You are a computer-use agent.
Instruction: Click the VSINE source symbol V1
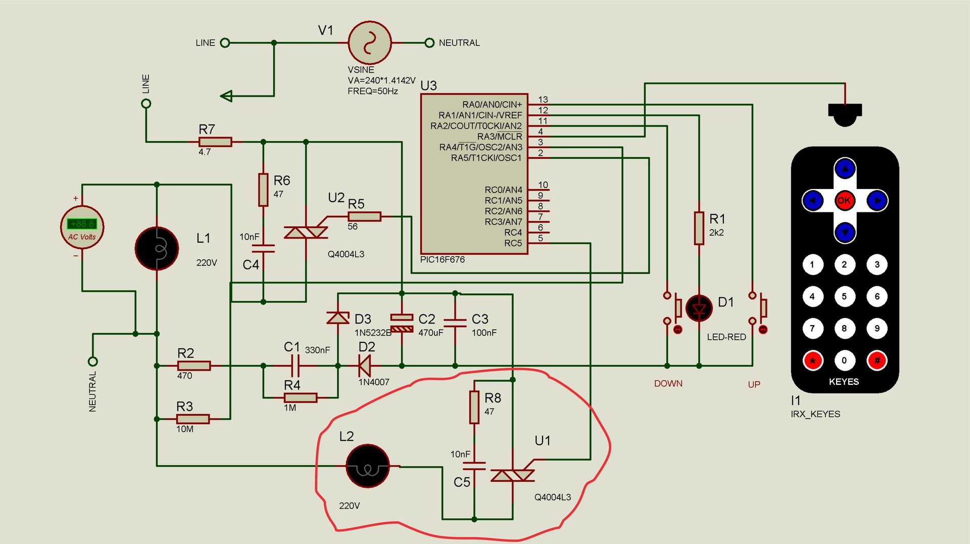point(370,42)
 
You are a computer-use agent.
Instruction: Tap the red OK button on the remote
point(844,200)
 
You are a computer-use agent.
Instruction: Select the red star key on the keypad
point(813,360)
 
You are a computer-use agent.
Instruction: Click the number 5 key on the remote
point(844,296)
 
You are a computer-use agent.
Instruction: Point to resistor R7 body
point(215,142)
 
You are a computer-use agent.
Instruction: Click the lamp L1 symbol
point(157,248)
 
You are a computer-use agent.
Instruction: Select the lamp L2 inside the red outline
point(368,466)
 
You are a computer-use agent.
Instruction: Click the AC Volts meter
point(82,228)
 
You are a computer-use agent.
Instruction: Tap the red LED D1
point(699,308)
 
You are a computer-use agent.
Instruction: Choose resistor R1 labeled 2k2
point(699,228)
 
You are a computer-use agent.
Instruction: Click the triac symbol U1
point(513,475)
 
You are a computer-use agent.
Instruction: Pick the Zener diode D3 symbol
point(338,318)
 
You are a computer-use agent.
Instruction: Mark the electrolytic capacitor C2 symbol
point(402,323)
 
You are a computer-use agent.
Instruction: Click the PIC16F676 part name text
point(443,260)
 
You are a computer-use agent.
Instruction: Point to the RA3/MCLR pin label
point(500,137)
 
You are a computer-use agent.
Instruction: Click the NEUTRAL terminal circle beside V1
point(429,43)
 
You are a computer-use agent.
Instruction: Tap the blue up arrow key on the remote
point(845,168)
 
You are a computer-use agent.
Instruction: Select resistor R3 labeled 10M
point(192,419)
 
